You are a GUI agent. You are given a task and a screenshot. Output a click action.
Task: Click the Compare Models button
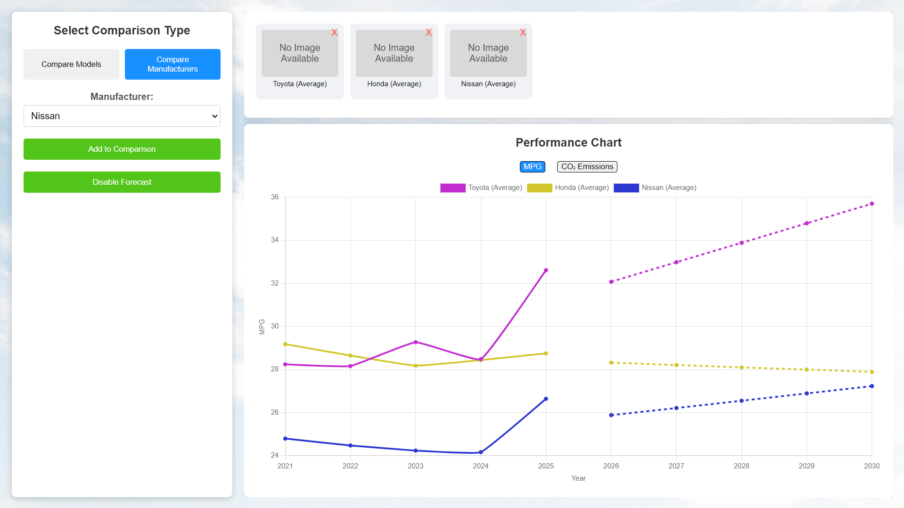pos(71,64)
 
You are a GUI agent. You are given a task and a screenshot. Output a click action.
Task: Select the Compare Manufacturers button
pos(173,64)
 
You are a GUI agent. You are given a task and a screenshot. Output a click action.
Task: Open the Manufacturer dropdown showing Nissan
pos(122,116)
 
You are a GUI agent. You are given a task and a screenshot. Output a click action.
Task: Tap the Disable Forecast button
pos(122,182)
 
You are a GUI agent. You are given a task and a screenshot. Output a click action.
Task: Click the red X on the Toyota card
pos(334,33)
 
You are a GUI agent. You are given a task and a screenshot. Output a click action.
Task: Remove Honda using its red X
pos(428,33)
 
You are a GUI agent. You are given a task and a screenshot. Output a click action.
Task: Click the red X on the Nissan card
pos(523,33)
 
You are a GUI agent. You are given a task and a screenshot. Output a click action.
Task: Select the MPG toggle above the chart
pos(532,167)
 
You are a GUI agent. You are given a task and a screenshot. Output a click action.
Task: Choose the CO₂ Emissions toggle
pos(587,167)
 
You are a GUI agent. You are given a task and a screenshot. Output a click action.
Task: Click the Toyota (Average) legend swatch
pos(452,188)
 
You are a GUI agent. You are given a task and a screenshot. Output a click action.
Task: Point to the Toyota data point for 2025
pos(546,270)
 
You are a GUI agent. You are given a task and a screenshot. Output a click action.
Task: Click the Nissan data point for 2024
pos(481,452)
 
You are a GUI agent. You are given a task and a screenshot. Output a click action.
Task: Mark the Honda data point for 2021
pos(285,344)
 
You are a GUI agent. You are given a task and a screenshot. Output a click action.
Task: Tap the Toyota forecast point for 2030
pos(872,204)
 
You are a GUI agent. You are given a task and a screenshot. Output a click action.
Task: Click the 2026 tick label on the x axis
pos(611,466)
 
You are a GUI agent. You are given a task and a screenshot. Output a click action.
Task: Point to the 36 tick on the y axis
pos(275,197)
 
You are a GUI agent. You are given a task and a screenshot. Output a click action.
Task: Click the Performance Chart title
pos(568,142)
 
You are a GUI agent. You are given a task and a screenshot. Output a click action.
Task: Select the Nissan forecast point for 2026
pos(611,415)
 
